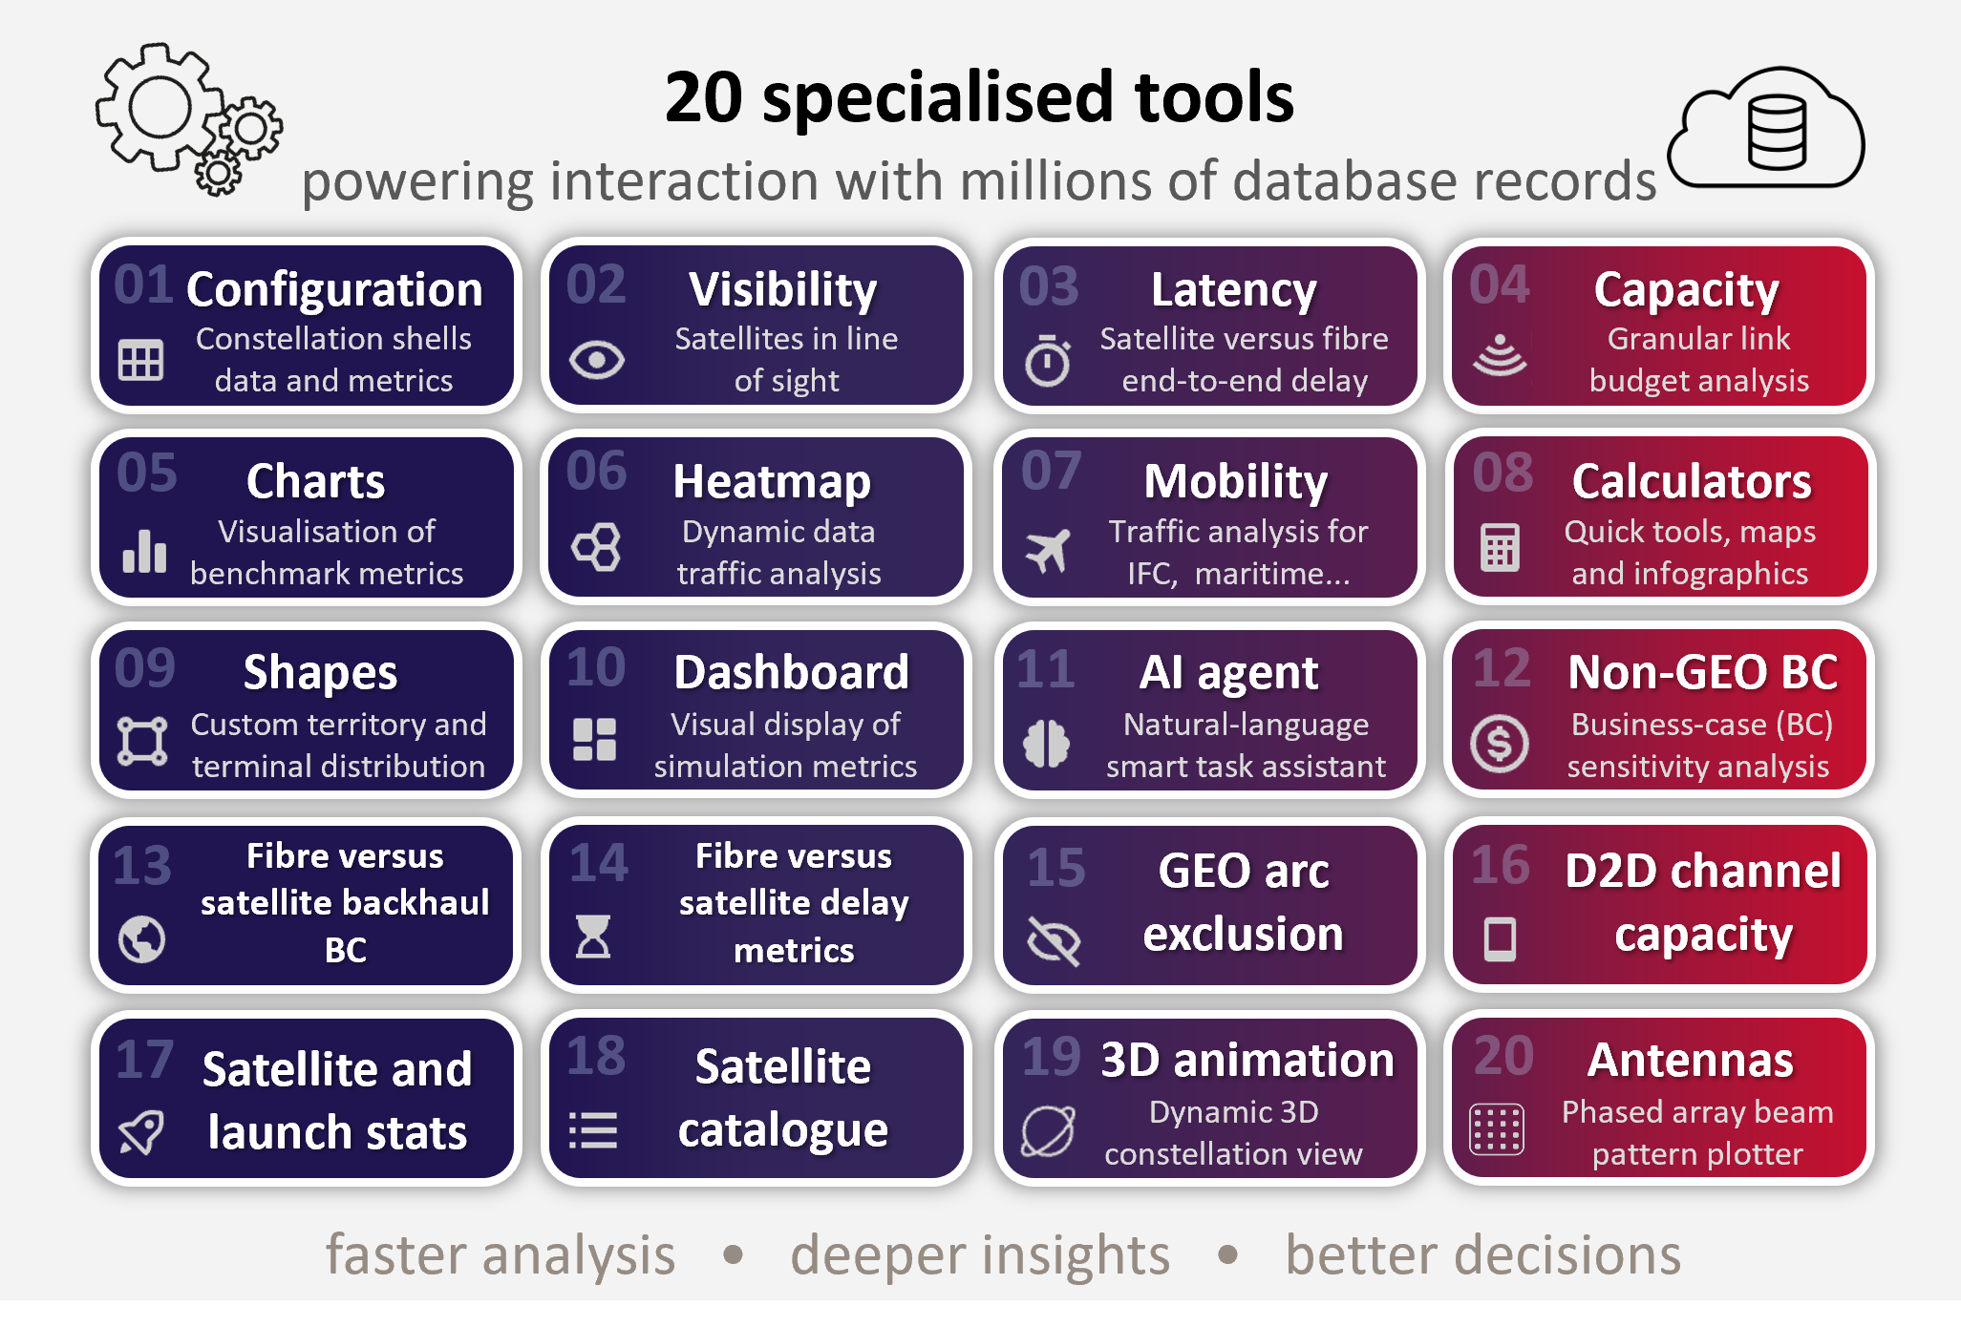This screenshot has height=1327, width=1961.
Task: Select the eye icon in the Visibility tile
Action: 597,360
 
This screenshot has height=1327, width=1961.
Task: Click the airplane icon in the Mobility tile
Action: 1048,551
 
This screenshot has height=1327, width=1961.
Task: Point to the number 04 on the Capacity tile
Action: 1500,284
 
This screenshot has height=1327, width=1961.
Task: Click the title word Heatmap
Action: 772,482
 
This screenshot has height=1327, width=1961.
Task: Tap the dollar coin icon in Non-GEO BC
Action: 1500,744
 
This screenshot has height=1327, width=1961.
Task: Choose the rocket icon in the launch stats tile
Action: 141,1132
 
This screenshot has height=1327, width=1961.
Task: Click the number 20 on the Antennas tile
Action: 1503,1056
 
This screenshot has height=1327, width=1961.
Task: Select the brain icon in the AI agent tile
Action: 1047,744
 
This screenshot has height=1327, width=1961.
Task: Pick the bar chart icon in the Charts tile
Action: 144,551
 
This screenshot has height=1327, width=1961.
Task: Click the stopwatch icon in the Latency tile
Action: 1048,360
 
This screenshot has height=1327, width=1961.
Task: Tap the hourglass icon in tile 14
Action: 593,937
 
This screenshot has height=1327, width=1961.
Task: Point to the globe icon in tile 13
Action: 142,939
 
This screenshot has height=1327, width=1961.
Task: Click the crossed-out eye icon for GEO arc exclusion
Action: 1054,940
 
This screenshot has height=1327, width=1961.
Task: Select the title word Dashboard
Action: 792,673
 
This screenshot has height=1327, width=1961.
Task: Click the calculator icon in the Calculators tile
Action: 1500,548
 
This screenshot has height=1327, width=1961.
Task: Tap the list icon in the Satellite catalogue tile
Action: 593,1130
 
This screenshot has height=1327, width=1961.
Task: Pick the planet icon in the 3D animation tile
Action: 1048,1131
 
